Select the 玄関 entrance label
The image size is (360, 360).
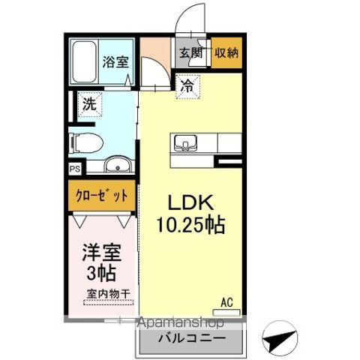click(190, 52)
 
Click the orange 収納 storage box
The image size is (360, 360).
click(227, 53)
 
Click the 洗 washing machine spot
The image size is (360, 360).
click(89, 105)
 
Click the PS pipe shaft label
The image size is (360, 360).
click(74, 170)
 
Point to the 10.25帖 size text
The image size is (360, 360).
click(193, 223)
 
